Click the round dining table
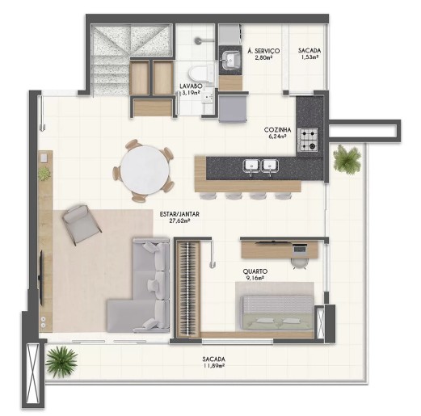[145, 170]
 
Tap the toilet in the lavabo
[201, 74]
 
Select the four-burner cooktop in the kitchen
[308, 140]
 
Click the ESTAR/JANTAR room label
[179, 214]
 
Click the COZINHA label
[277, 130]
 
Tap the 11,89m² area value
[214, 366]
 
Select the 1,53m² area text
[309, 57]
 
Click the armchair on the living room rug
[82, 225]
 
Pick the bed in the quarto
[277, 313]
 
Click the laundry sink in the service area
[230, 60]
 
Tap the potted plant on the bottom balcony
[61, 361]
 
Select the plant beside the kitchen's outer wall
[347, 159]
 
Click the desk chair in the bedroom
[300, 263]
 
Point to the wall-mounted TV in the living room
[41, 277]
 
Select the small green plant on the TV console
[44, 173]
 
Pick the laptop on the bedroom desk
[300, 248]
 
